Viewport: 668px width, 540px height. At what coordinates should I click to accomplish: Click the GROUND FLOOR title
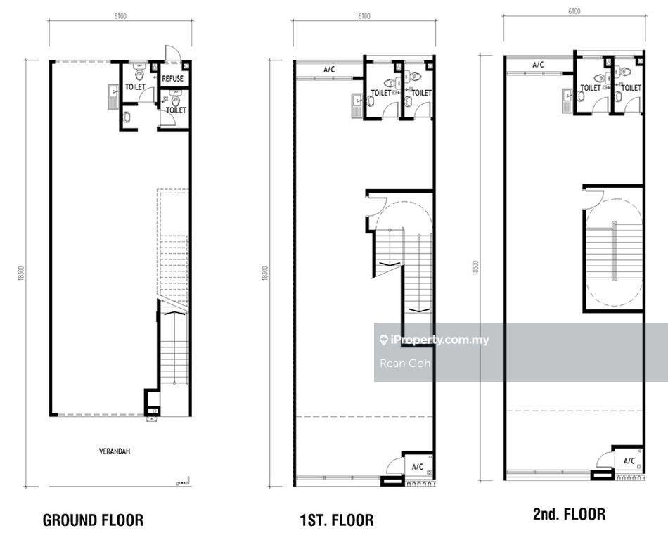tap(94, 520)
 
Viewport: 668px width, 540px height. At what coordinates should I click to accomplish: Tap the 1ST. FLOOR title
tap(337, 520)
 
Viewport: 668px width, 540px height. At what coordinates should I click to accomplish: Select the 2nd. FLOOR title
tap(569, 514)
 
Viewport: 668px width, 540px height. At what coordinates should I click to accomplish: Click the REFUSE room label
tap(172, 78)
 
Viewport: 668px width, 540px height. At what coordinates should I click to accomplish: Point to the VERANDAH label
tap(115, 451)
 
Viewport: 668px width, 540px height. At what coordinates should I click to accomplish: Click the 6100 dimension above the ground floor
tap(120, 16)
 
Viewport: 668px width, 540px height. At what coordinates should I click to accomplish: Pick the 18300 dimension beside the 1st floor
tap(266, 273)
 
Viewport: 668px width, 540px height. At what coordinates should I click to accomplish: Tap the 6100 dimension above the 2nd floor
tap(574, 11)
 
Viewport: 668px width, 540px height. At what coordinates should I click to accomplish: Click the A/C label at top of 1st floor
tap(329, 70)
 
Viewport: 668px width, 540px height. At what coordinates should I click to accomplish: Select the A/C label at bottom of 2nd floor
tap(629, 461)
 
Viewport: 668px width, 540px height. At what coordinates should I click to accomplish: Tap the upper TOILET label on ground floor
tap(135, 87)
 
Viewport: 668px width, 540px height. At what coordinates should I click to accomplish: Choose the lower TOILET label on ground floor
tap(176, 110)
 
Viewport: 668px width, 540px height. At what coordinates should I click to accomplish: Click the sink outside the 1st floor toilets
tap(357, 105)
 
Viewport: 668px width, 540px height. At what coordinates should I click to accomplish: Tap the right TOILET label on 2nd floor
tap(631, 88)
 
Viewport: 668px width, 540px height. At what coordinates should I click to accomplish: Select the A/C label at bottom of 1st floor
tap(418, 467)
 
